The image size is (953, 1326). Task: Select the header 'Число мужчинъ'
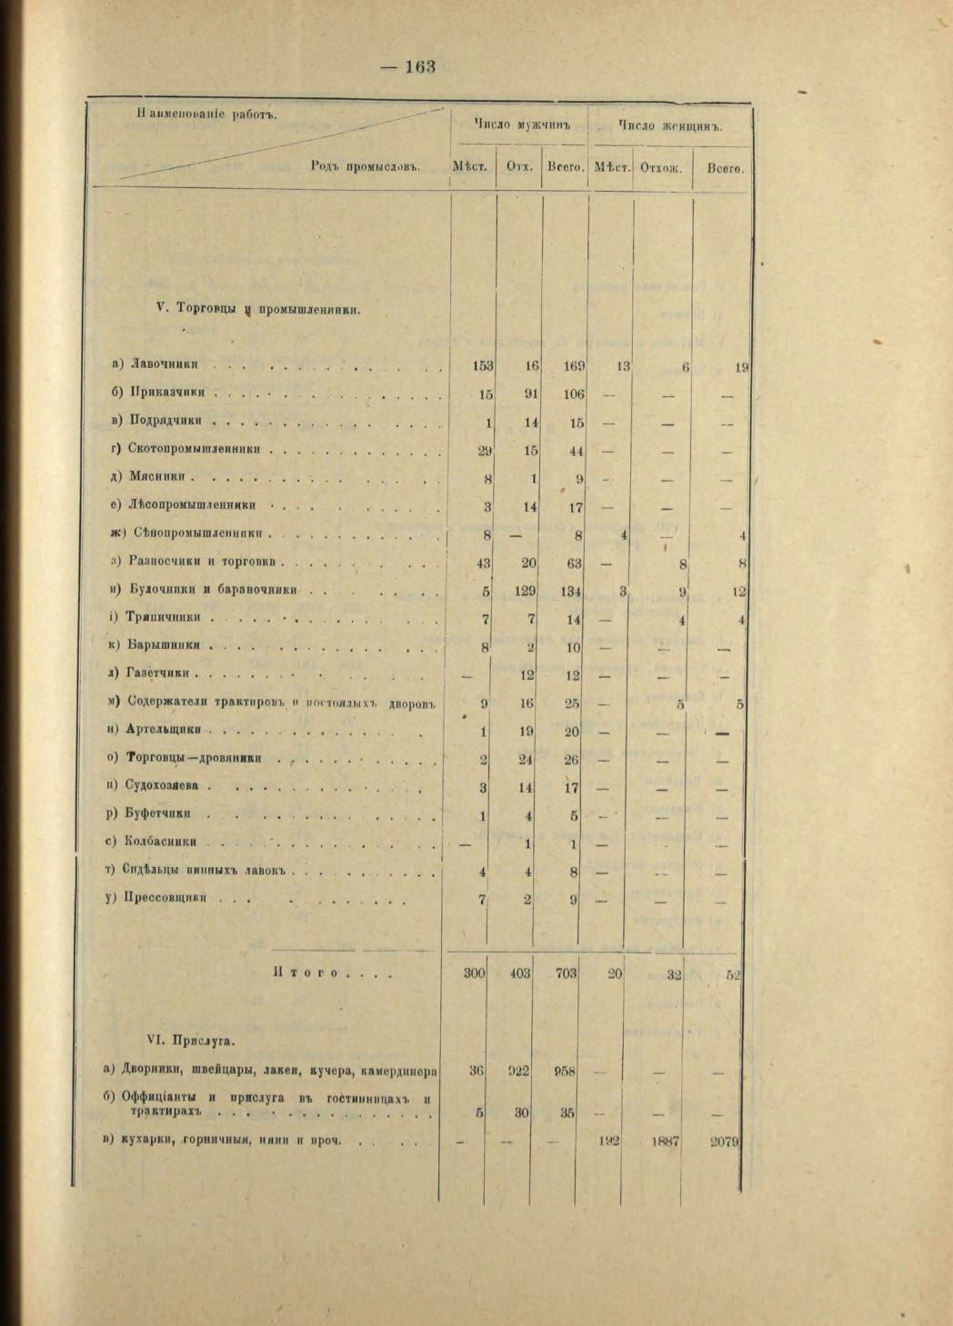tap(519, 125)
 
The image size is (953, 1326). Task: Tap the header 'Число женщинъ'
tap(669, 126)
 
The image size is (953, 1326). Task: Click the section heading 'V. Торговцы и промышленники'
tap(259, 309)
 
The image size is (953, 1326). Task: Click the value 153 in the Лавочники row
tap(482, 366)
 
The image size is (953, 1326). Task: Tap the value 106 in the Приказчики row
tap(572, 394)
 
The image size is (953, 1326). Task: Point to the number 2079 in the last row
tap(725, 1142)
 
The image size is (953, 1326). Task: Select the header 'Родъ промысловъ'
tap(364, 167)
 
